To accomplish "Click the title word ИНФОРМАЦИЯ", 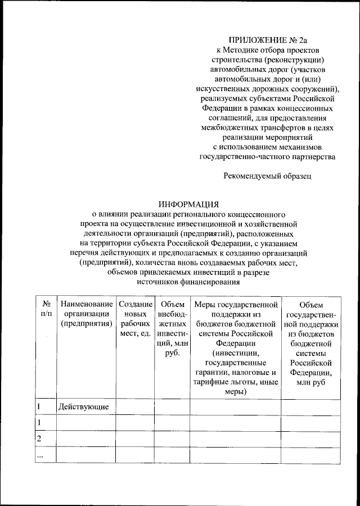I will (x=188, y=204).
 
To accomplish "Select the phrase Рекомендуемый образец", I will (x=267, y=176).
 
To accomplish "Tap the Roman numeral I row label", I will (x=38, y=406).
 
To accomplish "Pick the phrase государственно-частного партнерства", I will (x=268, y=157).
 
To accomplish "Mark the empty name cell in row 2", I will (x=85, y=438).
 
